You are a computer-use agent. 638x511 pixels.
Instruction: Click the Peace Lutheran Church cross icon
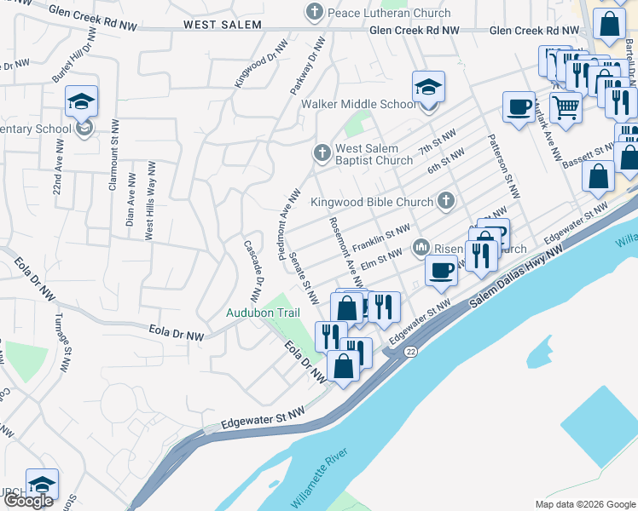315,12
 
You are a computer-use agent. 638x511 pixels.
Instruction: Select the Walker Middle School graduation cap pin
428,88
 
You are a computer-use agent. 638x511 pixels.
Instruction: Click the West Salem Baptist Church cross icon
322,153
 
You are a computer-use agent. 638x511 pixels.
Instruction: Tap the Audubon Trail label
263,313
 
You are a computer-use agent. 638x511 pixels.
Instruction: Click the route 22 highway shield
411,351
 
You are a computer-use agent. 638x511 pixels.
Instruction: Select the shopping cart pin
565,108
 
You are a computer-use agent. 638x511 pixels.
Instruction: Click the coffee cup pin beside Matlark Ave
519,107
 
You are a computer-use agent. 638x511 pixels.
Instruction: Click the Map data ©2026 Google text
584,504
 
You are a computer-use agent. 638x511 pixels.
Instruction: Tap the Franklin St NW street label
381,237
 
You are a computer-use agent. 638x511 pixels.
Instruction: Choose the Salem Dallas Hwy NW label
512,278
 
